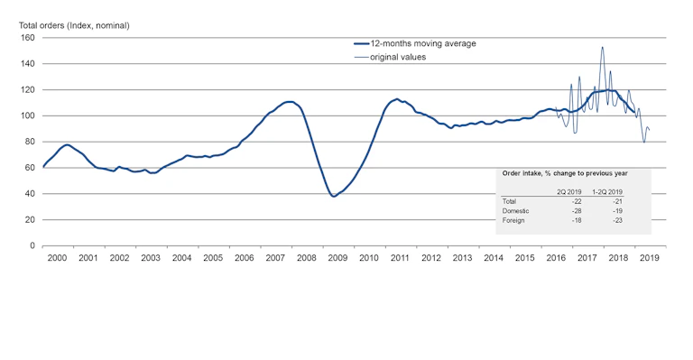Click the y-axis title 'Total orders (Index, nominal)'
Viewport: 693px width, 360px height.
point(75,25)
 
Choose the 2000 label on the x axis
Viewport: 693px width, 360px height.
point(56,258)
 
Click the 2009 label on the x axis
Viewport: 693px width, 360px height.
point(337,258)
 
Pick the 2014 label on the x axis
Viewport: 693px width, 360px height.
point(494,258)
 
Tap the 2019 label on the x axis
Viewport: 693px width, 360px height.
point(650,258)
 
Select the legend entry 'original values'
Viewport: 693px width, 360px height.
point(398,57)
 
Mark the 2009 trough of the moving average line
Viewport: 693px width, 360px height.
point(334,196)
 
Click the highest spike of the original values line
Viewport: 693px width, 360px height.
point(602,47)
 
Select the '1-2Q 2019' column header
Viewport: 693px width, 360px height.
point(607,192)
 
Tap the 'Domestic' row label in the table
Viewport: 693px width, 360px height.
point(515,210)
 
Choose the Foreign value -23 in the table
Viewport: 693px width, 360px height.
point(618,219)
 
